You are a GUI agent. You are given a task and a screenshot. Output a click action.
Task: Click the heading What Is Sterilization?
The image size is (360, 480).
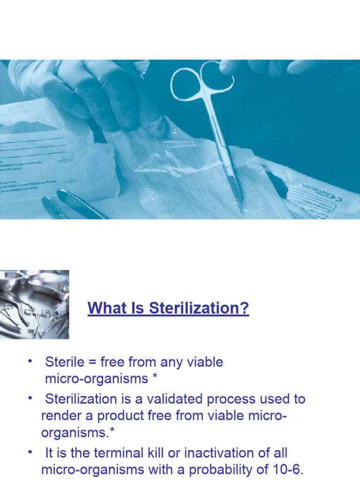[x=168, y=308]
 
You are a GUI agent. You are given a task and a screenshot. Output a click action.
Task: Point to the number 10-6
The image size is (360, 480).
[x=286, y=470]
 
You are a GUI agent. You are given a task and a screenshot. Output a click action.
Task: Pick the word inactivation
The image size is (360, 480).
[x=225, y=453]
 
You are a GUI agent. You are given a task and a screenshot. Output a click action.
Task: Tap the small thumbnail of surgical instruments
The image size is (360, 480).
[x=34, y=304]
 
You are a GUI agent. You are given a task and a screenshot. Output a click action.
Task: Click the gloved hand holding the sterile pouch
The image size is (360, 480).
[x=108, y=94]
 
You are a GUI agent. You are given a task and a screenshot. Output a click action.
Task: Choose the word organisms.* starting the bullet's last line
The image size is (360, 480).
[x=72, y=432]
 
